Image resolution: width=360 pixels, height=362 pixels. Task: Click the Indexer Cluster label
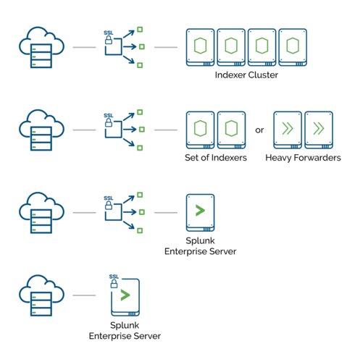(x=246, y=75)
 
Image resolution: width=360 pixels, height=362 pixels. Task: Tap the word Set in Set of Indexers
(x=192, y=158)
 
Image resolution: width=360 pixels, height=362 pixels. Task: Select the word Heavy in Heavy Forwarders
(x=278, y=158)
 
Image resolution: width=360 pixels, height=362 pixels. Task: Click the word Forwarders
(x=317, y=158)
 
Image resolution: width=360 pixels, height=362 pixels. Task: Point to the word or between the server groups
(x=259, y=130)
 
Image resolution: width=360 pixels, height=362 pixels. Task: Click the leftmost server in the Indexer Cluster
(x=200, y=47)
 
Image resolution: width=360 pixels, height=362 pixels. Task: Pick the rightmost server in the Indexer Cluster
(x=293, y=47)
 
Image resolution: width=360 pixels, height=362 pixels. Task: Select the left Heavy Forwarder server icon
(x=288, y=130)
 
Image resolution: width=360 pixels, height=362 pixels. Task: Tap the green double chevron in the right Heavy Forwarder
(x=319, y=128)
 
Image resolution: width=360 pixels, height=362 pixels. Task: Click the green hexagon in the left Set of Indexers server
(x=200, y=128)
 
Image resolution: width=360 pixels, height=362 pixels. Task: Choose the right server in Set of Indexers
(x=231, y=130)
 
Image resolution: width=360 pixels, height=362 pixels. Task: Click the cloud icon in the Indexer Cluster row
(x=41, y=47)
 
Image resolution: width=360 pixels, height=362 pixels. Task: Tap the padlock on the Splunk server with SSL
(x=114, y=284)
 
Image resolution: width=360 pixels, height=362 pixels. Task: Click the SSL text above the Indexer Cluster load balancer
(x=109, y=33)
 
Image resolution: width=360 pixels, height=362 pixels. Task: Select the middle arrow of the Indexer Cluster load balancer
(x=130, y=46)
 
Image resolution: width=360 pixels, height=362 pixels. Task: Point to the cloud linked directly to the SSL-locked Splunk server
(x=41, y=295)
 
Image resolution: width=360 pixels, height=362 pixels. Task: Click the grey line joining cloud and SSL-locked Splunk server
(x=84, y=295)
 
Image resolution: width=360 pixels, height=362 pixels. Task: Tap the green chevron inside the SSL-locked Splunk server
(x=125, y=295)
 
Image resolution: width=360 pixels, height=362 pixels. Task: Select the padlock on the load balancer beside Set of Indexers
(x=109, y=122)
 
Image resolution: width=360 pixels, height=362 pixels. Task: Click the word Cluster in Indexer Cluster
(x=263, y=75)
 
